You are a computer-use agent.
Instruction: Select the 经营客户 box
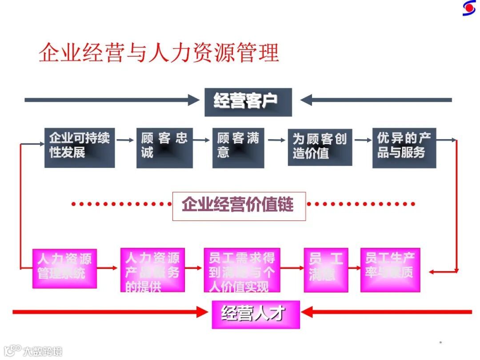coord(248,102)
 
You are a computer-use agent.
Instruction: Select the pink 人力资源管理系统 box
coord(64,268)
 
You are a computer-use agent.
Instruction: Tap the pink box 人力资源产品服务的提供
coord(152,270)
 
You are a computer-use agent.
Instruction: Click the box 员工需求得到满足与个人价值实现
coord(242,270)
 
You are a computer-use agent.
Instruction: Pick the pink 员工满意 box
coord(326,270)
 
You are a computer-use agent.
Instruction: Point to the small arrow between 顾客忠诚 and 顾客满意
coord(202,140)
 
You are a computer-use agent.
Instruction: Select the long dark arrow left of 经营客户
coord(111,100)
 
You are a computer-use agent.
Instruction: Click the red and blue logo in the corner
coord(468,8)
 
